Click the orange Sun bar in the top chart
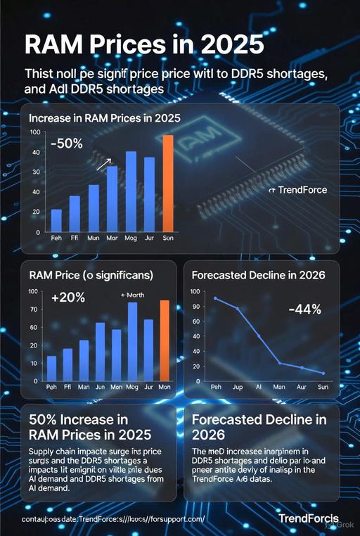pyautogui.click(x=168, y=183)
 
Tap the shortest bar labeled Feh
pyautogui.click(x=57, y=221)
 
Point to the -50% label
pyautogui.click(x=67, y=143)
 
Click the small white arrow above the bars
pyautogui.click(x=103, y=163)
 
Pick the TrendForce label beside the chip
pyautogui.click(x=298, y=190)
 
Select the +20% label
pyautogui.click(x=68, y=298)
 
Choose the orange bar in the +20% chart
pyautogui.click(x=165, y=340)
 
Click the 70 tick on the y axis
pyautogui.click(x=33, y=310)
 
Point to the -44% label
pyautogui.click(x=304, y=309)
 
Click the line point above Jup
pyautogui.click(x=238, y=309)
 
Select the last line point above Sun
pyautogui.click(x=323, y=373)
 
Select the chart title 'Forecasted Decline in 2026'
pyautogui.click(x=258, y=276)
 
